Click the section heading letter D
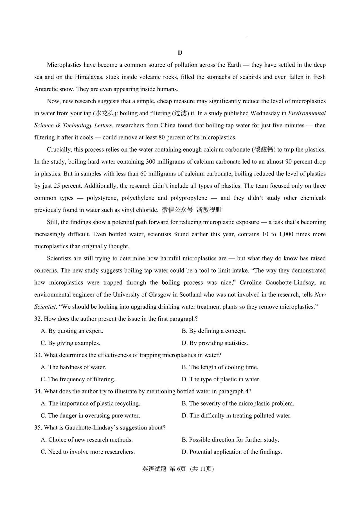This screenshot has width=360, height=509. coord(180,53)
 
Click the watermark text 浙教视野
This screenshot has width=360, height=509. coord(209,210)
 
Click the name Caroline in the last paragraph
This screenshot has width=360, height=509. coord(251,283)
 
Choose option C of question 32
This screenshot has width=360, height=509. coord(71,343)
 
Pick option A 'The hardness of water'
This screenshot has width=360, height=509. coord(73,367)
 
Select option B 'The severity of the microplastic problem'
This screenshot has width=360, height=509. coord(238,404)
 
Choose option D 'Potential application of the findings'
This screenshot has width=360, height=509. coord(232,452)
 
